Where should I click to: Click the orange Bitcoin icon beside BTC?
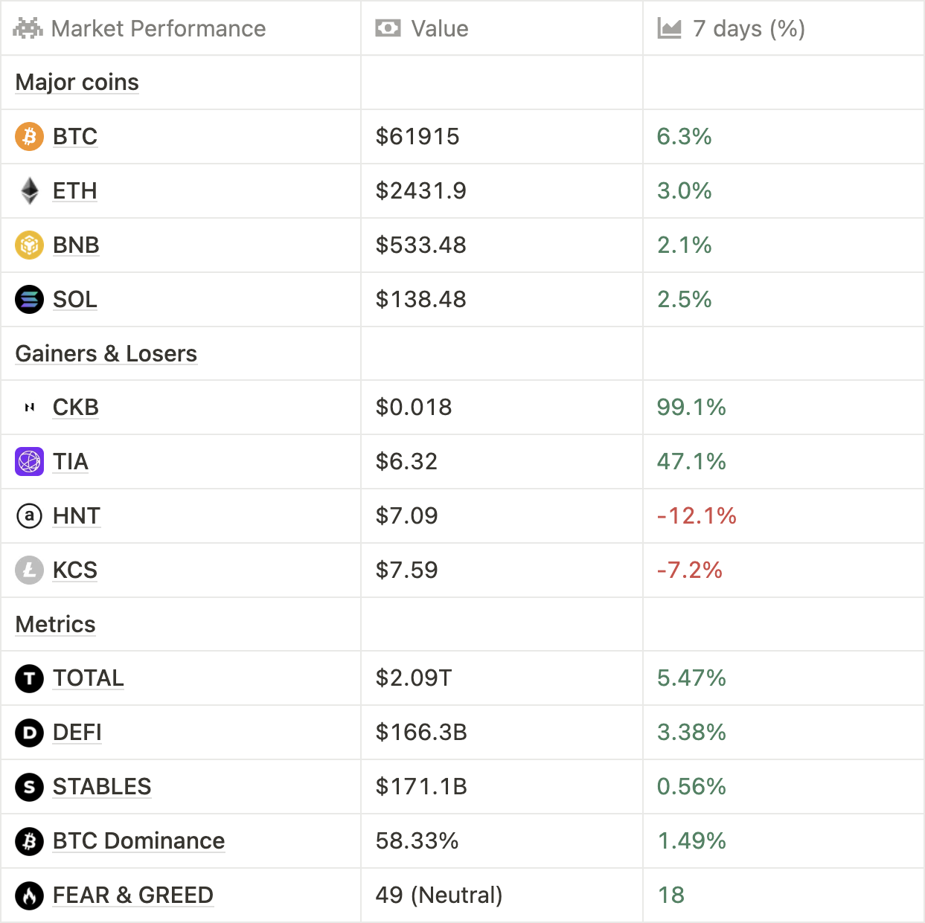click(30, 137)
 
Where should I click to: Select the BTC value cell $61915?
click(417, 137)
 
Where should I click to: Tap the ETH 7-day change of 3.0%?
click(684, 191)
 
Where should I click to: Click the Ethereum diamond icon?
click(30, 191)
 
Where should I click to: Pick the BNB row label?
click(76, 245)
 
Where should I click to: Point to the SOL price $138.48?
click(420, 300)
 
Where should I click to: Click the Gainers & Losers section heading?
click(106, 354)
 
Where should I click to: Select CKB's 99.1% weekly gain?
click(691, 408)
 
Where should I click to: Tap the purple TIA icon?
click(30, 462)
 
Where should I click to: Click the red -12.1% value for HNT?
click(697, 516)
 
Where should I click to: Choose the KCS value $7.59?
click(406, 570)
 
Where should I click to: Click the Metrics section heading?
click(56, 625)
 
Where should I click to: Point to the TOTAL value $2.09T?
click(414, 678)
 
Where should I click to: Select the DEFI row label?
click(77, 733)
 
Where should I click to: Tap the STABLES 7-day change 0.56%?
click(691, 787)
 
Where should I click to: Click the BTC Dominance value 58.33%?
click(417, 841)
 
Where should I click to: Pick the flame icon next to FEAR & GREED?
click(30, 895)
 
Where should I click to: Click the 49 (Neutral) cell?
click(438, 895)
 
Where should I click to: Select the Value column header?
click(439, 29)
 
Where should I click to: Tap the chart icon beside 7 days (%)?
click(669, 29)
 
